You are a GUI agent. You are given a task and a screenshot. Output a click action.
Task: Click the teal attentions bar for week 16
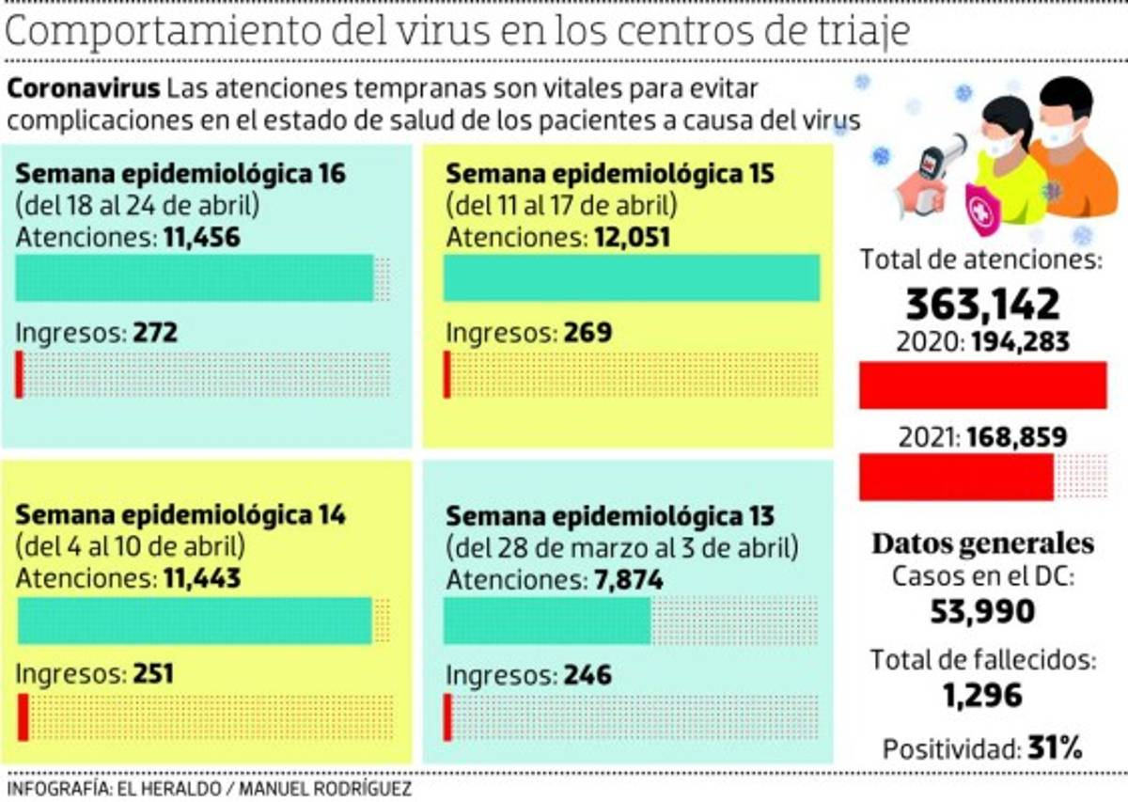[195, 277]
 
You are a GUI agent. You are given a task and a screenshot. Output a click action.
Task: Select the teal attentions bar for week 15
[631, 277]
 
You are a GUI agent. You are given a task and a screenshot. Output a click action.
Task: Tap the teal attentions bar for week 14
[195, 621]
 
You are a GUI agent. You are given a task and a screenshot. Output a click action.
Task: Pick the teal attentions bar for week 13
[546, 621]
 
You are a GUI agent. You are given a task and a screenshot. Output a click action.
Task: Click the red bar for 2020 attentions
[982, 385]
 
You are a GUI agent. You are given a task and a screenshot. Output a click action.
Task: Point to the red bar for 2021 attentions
[956, 477]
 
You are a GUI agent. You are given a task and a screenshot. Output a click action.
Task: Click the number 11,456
[201, 238]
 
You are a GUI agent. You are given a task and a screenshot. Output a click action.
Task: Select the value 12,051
[632, 238]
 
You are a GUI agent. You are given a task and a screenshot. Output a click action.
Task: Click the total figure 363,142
[982, 304]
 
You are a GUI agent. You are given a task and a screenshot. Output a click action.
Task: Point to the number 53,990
[982, 612]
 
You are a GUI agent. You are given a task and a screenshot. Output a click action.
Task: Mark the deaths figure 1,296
[982, 695]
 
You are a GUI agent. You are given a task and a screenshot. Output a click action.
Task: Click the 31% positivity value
[1054, 748]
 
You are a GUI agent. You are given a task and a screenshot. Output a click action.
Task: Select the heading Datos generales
[982, 543]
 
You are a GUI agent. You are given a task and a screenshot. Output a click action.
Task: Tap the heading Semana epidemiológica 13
[610, 516]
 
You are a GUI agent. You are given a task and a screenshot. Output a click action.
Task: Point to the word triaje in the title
[864, 31]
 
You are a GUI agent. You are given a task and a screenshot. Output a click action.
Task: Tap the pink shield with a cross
[982, 212]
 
